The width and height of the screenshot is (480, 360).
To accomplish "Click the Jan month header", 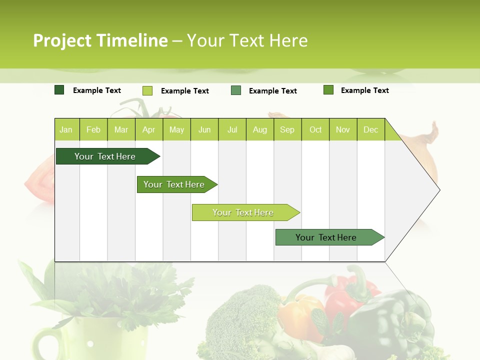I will (66, 129).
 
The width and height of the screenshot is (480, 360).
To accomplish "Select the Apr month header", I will (148, 129).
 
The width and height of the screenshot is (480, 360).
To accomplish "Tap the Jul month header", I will (232, 129).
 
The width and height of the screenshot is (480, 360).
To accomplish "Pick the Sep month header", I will (287, 129).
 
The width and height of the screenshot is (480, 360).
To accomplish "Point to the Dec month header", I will (370, 129).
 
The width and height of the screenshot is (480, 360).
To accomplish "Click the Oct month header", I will (315, 129).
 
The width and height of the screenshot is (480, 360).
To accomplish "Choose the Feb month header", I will (93, 129).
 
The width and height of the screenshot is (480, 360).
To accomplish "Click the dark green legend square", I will (59, 90).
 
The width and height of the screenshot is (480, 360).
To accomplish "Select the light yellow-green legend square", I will (147, 90).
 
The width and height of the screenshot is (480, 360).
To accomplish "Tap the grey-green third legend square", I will (236, 90).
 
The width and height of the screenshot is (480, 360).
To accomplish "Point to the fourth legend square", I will (328, 90).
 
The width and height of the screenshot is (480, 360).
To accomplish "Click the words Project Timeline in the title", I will (100, 40).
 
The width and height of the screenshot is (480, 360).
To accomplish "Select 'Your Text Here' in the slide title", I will (247, 40).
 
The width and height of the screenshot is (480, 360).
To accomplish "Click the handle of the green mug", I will (42, 342).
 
